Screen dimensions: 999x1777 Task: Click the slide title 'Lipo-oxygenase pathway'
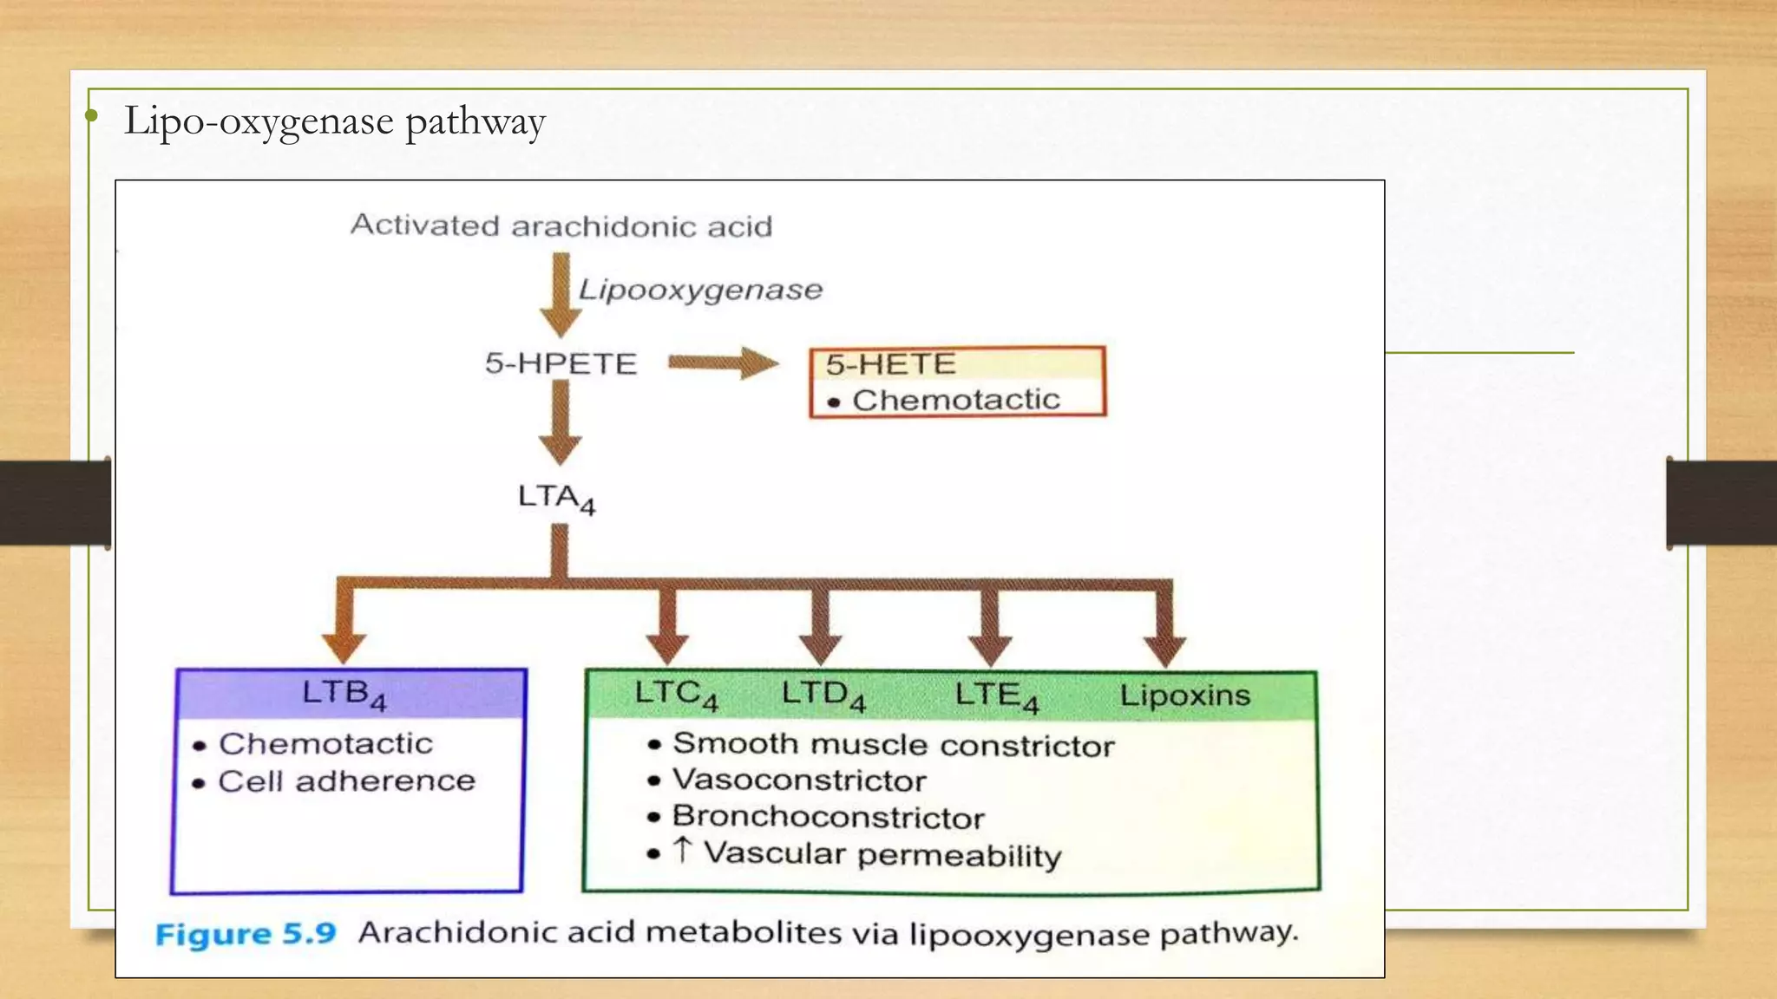pyautogui.click(x=335, y=121)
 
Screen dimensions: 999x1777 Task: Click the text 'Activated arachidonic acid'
pyautogui.click(x=561, y=225)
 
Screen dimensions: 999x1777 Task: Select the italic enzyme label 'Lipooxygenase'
pyautogui.click(x=700, y=289)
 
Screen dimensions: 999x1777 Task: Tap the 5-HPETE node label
pyautogui.click(x=561, y=363)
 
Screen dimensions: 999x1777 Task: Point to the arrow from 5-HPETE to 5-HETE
pyautogui.click(x=722, y=362)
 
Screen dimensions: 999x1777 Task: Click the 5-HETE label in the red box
pyautogui.click(x=890, y=363)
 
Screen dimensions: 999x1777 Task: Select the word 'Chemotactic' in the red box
pyautogui.click(x=955, y=400)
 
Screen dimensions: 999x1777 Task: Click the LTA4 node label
pyautogui.click(x=556, y=498)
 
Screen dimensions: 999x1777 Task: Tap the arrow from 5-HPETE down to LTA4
pyautogui.click(x=561, y=422)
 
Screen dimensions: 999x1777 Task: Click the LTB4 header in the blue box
pyautogui.click(x=344, y=694)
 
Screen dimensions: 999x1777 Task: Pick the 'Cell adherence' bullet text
pyautogui.click(x=346, y=780)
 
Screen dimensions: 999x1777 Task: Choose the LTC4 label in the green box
pyautogui.click(x=676, y=694)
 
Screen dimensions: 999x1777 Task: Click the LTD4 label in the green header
pyautogui.click(x=823, y=694)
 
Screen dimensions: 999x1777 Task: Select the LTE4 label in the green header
pyautogui.click(x=996, y=695)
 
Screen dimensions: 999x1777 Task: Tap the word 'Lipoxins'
pyautogui.click(x=1184, y=695)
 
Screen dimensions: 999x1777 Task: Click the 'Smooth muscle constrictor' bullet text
pyautogui.click(x=893, y=745)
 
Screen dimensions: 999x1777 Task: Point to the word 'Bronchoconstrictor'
pyautogui.click(x=828, y=817)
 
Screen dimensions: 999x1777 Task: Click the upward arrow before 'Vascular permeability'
pyautogui.click(x=683, y=850)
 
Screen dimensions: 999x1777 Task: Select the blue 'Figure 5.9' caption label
pyautogui.click(x=246, y=934)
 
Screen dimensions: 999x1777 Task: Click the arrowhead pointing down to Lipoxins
pyautogui.click(x=1164, y=650)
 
